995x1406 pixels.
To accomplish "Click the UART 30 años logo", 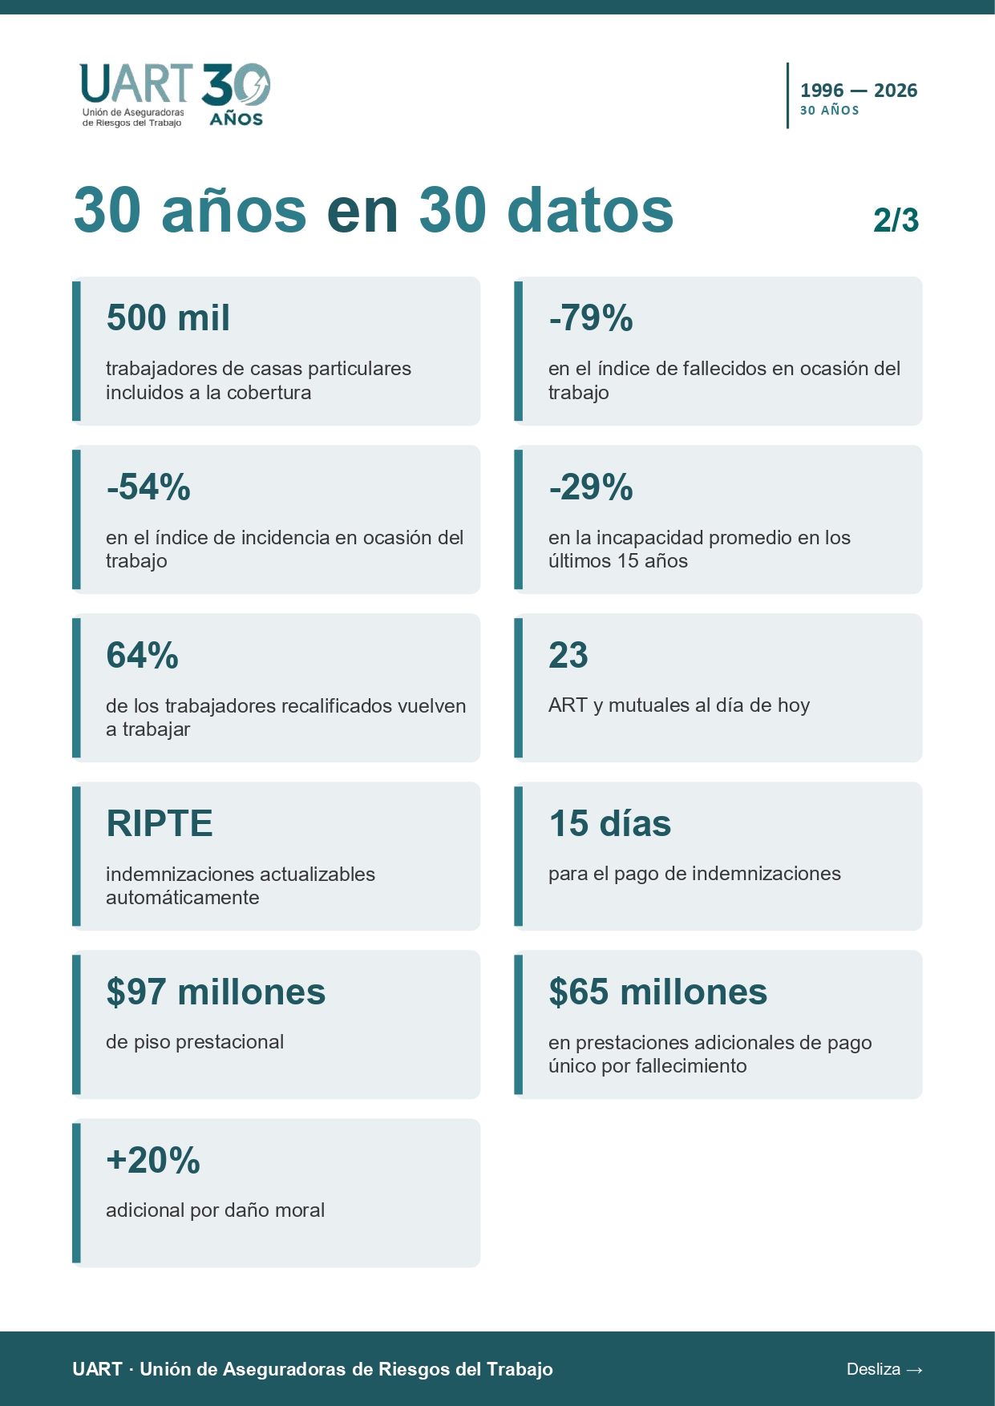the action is point(175,95).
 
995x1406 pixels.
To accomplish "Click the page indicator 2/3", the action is point(896,220).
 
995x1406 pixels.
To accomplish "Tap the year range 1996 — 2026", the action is point(859,91).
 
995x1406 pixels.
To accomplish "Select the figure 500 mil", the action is point(168,317).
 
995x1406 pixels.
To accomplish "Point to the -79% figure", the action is point(591,318).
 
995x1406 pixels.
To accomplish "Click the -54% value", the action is point(148,487).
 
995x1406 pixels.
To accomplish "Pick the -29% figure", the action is point(591,487).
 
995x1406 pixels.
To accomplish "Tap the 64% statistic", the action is point(143,655).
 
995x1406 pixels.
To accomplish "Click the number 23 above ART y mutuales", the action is point(568,655).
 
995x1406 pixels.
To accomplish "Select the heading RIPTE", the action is point(160,823).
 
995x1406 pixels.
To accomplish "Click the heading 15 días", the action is point(610,823).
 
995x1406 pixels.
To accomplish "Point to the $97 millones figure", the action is point(216,992).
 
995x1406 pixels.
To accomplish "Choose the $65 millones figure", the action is point(658,992).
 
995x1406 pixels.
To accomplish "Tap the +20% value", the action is point(153,1160).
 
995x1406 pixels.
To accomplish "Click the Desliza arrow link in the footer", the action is point(884,1369).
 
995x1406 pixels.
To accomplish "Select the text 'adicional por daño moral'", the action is point(216,1210).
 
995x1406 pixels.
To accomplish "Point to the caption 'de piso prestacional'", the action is point(195,1042).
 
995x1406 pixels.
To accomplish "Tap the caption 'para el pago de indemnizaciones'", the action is point(694,874).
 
